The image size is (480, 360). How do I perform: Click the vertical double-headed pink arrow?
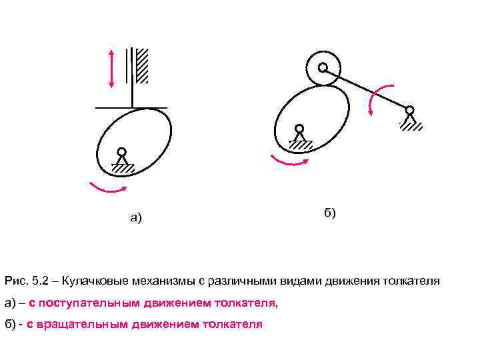click(111, 68)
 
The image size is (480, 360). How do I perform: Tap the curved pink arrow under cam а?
click(107, 190)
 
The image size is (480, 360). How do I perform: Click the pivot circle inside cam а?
click(122, 152)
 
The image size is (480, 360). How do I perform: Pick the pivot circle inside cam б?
click(299, 129)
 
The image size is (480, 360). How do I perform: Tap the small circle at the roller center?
click(323, 67)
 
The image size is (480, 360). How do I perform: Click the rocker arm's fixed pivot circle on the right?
click(409, 110)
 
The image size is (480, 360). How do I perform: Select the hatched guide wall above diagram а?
click(141, 65)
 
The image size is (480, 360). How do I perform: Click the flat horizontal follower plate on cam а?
click(131, 107)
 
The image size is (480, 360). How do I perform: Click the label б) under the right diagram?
click(330, 213)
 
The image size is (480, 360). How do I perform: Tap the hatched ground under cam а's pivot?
click(123, 169)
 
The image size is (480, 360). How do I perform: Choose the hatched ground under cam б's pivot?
click(301, 145)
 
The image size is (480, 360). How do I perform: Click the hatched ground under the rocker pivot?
click(411, 126)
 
